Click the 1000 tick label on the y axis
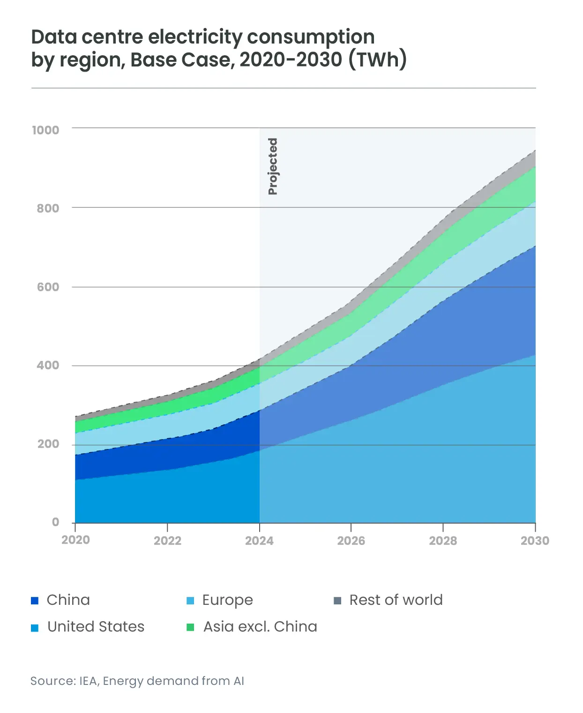point(45,130)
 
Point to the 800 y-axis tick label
point(48,208)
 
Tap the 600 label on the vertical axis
point(48,287)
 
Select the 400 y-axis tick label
point(48,365)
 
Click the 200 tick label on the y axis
point(48,444)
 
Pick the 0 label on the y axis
point(56,522)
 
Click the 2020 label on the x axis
point(75,540)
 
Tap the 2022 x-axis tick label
point(167,541)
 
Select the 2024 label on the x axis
point(259,541)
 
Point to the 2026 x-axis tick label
point(351,541)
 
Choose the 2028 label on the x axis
point(443,541)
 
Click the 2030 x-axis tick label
point(535,541)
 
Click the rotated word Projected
point(273,166)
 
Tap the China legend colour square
point(35,601)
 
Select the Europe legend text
point(227,600)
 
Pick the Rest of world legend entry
point(396,600)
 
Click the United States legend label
point(96,626)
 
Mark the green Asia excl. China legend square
point(190,627)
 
